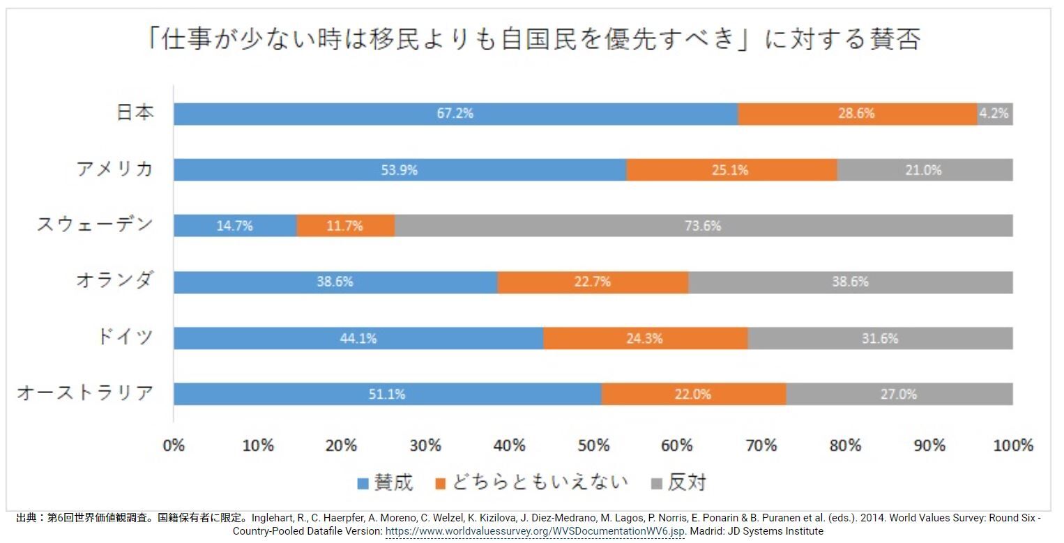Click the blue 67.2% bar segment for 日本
[455, 114]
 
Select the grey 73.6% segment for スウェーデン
[703, 226]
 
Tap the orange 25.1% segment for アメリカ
[731, 170]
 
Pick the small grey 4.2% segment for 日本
[994, 114]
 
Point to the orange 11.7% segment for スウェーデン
[345, 226]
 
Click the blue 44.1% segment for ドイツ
[358, 339]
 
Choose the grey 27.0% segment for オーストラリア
[899, 395]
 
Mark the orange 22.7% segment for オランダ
[593, 282]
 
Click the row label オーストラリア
[85, 394]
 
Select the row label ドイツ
[125, 338]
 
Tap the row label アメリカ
[115, 169]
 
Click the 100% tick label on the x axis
[1012, 445]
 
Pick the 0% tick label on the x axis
[174, 445]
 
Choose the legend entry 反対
[679, 482]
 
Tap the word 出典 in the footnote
[26, 519]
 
